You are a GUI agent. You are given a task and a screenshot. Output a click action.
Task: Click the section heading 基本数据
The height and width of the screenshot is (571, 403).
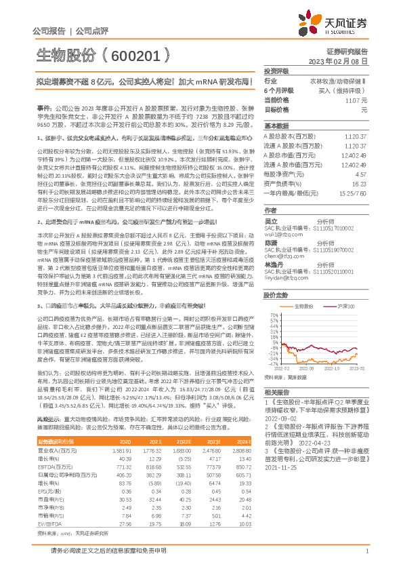tap(276, 126)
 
